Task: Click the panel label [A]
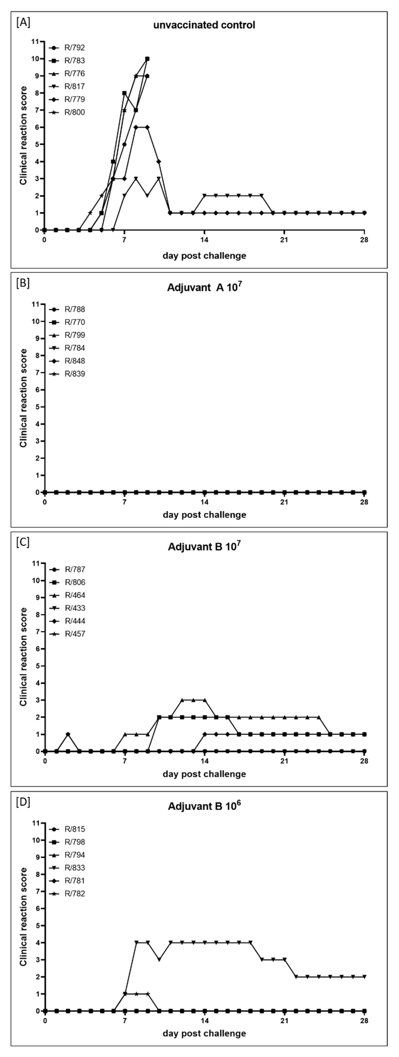click(23, 23)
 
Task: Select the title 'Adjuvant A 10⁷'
click(204, 287)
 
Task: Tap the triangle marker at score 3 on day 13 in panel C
click(193, 700)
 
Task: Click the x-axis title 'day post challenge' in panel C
click(204, 774)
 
